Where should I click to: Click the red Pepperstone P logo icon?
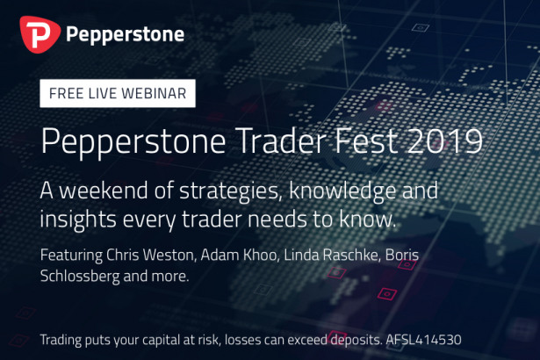point(40,34)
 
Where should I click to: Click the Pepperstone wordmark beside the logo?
point(125,35)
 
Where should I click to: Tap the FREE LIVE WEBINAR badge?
point(118,93)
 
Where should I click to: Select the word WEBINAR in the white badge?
point(154,93)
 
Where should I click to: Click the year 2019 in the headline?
point(444,140)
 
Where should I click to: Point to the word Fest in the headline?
point(366,140)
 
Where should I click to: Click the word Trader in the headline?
point(281,140)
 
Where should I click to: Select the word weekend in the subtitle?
point(104,191)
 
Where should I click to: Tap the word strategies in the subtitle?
point(228,191)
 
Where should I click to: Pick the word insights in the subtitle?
point(78,220)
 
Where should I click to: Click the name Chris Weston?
point(151,256)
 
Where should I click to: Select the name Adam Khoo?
point(240,256)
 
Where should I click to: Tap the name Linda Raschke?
point(332,256)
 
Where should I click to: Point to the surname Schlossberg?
point(80,277)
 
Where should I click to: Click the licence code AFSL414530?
point(423,340)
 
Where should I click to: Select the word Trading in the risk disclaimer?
point(61,341)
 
